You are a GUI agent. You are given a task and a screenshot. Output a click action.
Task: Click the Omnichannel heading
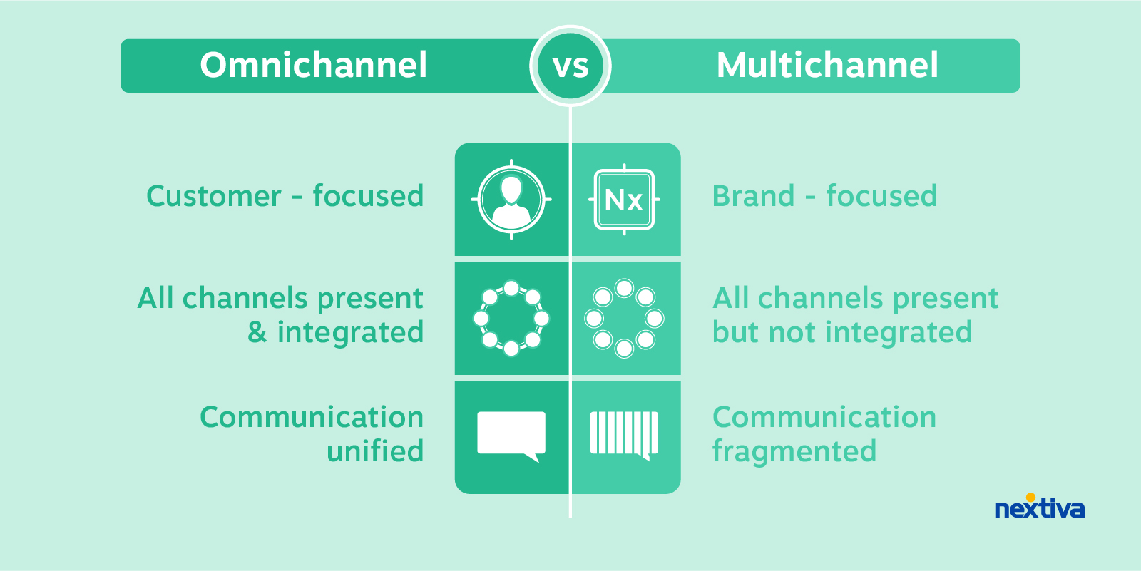coord(314,66)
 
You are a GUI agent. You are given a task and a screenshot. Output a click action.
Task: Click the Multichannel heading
coord(827,66)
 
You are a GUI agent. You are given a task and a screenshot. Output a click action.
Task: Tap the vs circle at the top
coord(570,66)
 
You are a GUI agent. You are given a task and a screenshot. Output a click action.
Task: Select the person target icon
coord(511,199)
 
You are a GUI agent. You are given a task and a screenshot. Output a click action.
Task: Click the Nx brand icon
coord(624,200)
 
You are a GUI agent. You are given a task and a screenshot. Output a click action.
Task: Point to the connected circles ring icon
coord(511,318)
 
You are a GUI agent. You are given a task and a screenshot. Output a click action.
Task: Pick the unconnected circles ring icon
coord(624,318)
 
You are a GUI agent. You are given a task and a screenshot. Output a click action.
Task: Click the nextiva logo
coord(1039,508)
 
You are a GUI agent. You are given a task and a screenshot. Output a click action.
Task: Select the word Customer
coord(214,197)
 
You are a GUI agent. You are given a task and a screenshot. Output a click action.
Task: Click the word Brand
coord(753,197)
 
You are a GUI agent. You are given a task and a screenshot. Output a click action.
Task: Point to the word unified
coord(375,451)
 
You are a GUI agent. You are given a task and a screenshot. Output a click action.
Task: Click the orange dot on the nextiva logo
coord(1030,498)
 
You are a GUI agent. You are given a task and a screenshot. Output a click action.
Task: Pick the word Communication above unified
coord(312,418)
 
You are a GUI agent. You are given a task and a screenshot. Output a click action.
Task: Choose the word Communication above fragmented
coord(824,418)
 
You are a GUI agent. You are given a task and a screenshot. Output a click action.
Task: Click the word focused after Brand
coord(881,197)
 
